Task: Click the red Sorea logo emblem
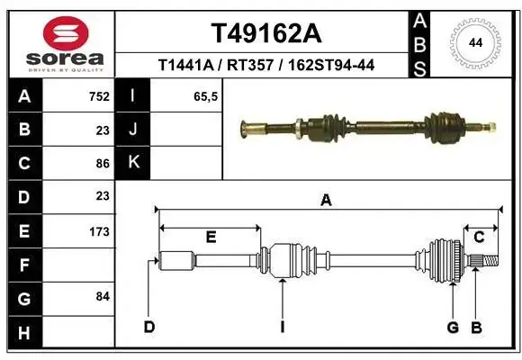pyautogui.click(x=66, y=33)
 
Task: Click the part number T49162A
pyautogui.click(x=266, y=33)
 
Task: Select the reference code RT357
pyautogui.click(x=250, y=65)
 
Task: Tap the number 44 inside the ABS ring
pyautogui.click(x=475, y=43)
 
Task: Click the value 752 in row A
pyautogui.click(x=99, y=96)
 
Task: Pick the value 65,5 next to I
pyautogui.click(x=205, y=96)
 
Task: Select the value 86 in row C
pyautogui.click(x=103, y=164)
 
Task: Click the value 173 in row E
pyautogui.click(x=99, y=231)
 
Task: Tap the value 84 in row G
pyautogui.click(x=103, y=296)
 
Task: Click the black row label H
pyautogui.click(x=25, y=332)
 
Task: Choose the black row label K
pyautogui.click(x=133, y=163)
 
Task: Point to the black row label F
pyautogui.click(x=25, y=265)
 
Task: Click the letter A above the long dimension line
pyautogui.click(x=326, y=201)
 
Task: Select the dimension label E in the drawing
pyautogui.click(x=211, y=237)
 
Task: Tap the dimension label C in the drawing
pyautogui.click(x=479, y=237)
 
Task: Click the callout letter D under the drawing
pyautogui.click(x=149, y=327)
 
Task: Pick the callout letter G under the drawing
pyautogui.click(x=453, y=328)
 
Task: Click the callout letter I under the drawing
pyautogui.click(x=283, y=327)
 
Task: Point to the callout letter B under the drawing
pyautogui.click(x=477, y=328)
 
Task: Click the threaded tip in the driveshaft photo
pyautogui.click(x=491, y=127)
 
